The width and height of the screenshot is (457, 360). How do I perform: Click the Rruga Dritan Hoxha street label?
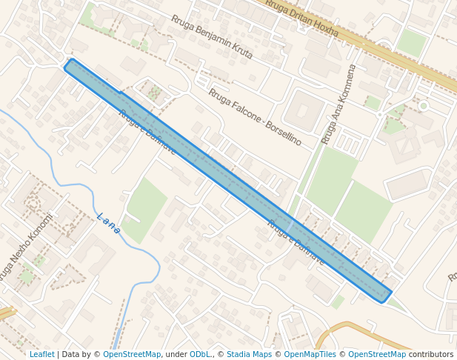[x=301, y=19]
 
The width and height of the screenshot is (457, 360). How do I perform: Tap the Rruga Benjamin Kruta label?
[x=211, y=37]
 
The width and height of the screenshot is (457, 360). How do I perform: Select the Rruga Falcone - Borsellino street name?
[x=255, y=116]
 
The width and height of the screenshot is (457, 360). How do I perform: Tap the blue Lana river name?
[x=109, y=223]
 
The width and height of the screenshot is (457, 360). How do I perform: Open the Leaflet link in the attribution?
[x=41, y=354]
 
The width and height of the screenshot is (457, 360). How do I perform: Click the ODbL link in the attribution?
[x=200, y=354]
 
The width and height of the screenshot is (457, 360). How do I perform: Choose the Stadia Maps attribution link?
[x=249, y=354]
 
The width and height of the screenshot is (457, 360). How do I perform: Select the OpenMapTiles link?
[x=310, y=354]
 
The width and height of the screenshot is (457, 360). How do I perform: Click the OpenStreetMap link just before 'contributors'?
[x=376, y=354]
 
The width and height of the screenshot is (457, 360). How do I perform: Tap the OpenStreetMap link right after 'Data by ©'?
[x=132, y=354]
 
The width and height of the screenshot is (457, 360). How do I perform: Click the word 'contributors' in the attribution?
[x=431, y=354]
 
